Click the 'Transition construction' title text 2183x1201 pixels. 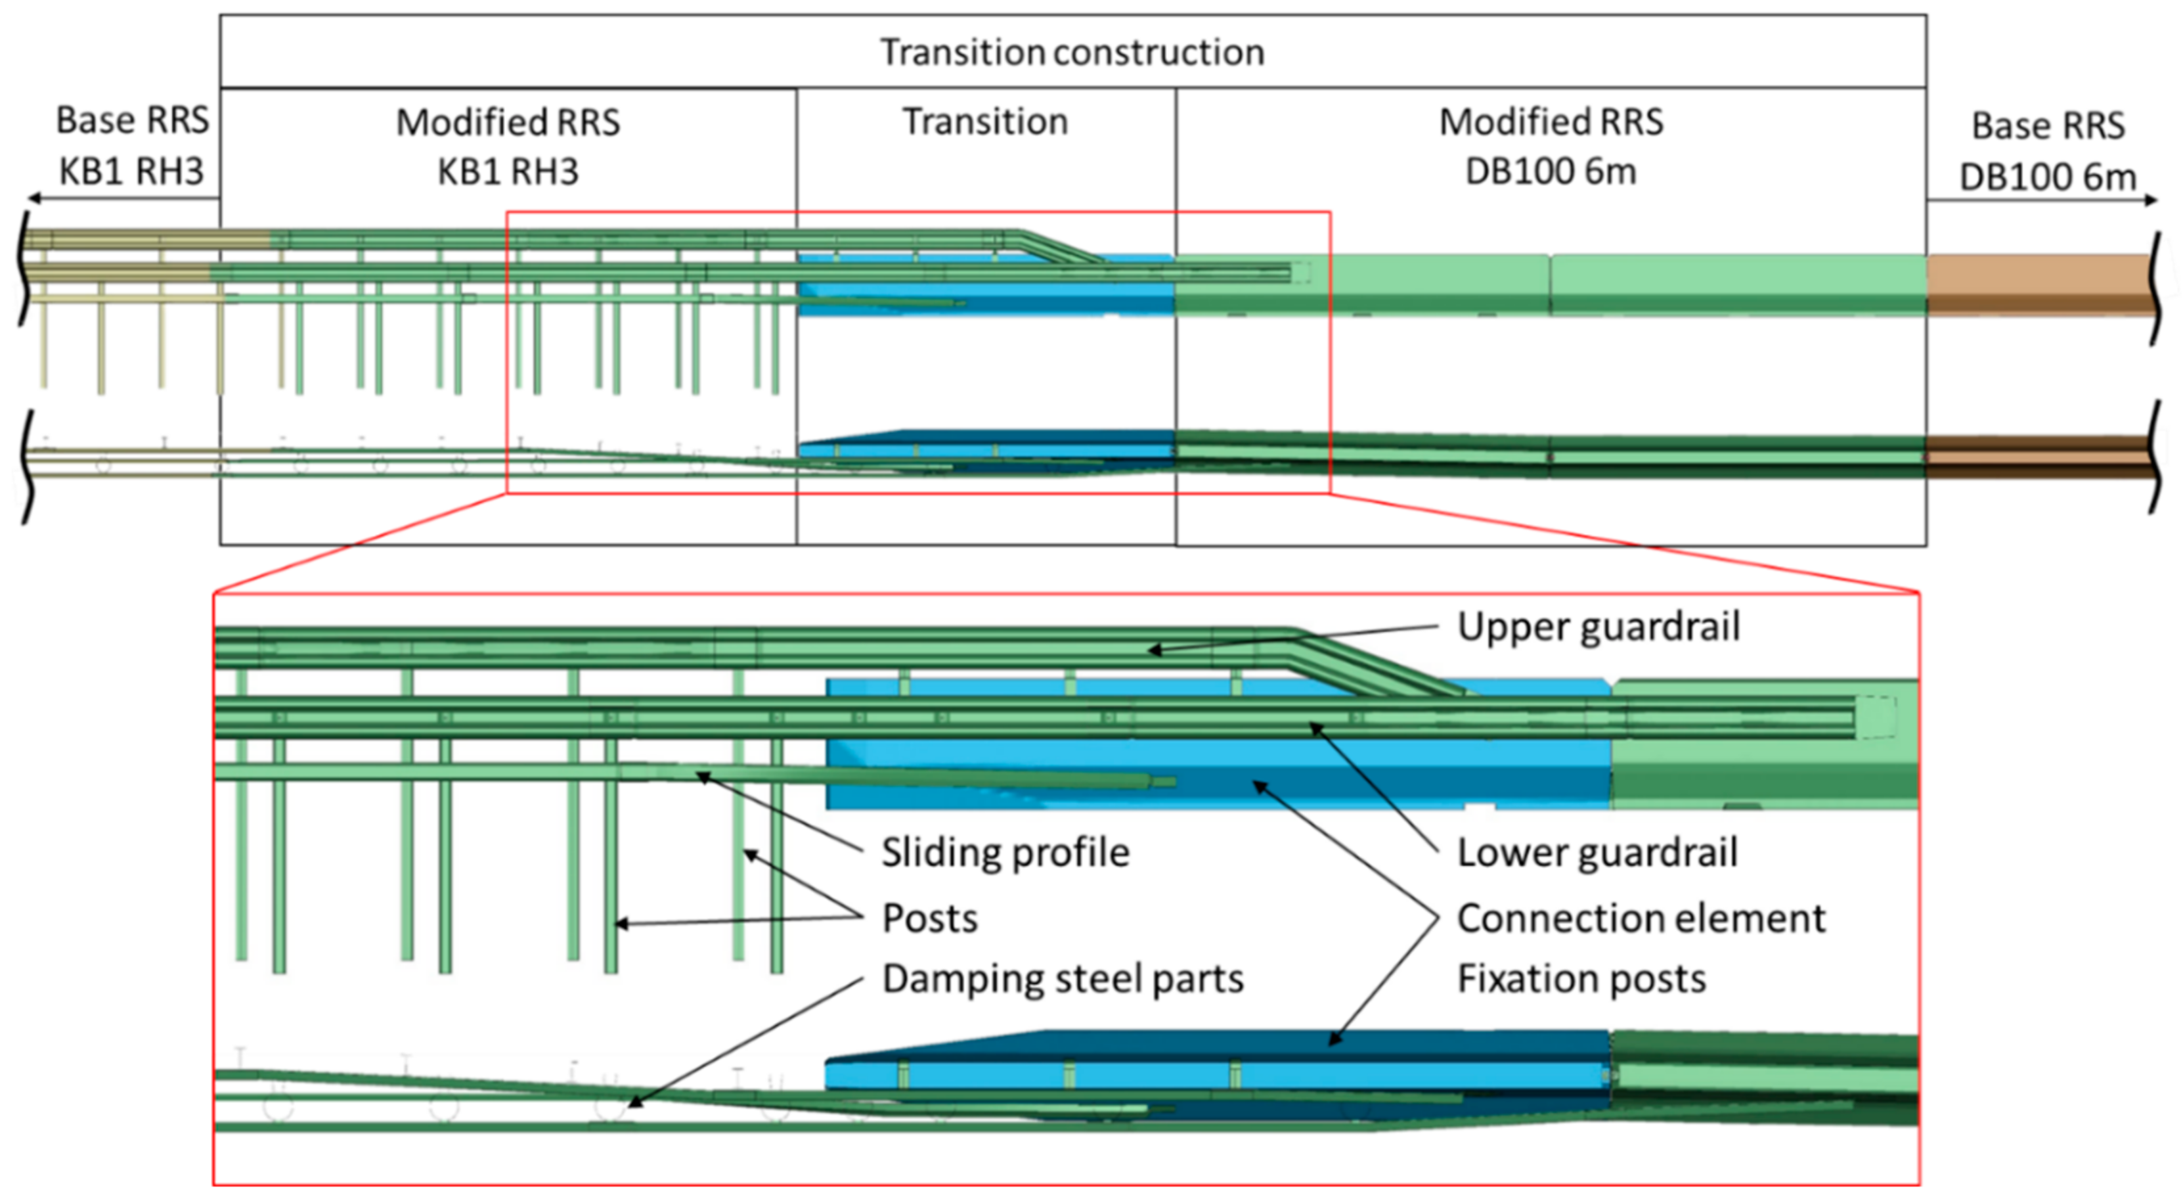(x=1072, y=53)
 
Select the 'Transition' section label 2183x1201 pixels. (x=984, y=121)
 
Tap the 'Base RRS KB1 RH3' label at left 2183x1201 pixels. (x=132, y=146)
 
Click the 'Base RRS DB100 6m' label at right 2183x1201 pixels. (x=2048, y=151)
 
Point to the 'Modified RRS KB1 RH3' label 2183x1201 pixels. (x=508, y=147)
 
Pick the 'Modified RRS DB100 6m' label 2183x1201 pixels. (x=1551, y=147)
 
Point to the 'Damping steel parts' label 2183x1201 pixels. (x=1063, y=979)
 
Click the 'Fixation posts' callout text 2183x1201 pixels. (x=1581, y=979)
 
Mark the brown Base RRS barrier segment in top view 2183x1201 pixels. (x=2038, y=284)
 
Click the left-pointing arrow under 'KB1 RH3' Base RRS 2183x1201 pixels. (x=34, y=198)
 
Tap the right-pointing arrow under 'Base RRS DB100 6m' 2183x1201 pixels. (x=2150, y=201)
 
